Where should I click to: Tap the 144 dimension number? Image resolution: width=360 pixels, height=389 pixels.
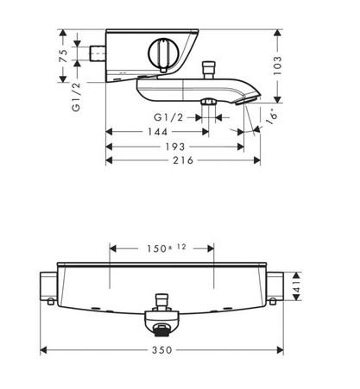(157, 132)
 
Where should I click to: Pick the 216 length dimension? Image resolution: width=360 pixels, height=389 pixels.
(180, 160)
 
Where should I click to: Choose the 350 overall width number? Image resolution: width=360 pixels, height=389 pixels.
(163, 350)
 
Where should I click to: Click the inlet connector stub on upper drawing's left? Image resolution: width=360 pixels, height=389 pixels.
(95, 55)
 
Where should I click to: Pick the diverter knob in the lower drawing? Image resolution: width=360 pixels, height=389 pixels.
(160, 304)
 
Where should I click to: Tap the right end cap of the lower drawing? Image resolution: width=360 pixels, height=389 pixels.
(276, 285)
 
